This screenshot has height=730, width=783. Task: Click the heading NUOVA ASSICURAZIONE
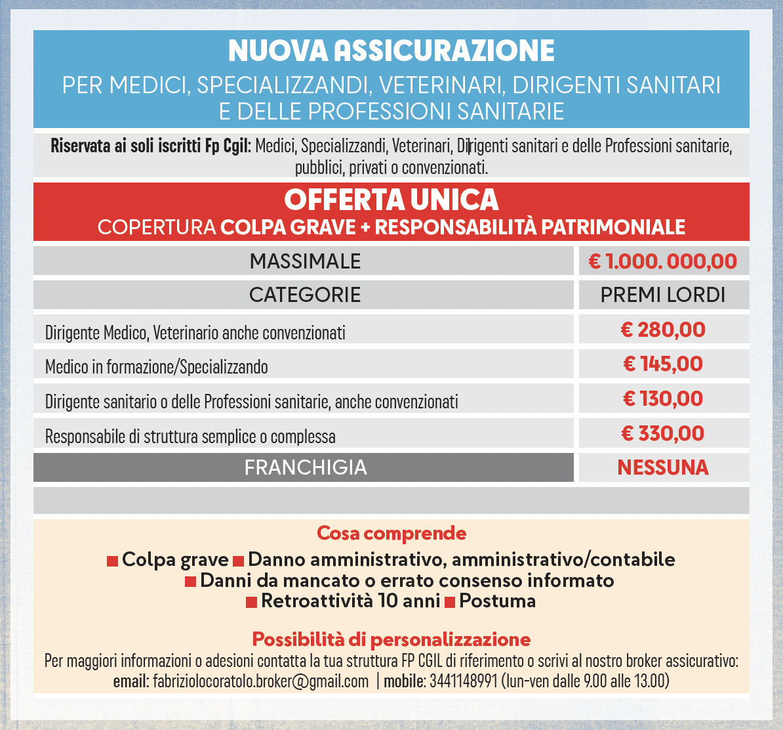pyautogui.click(x=391, y=51)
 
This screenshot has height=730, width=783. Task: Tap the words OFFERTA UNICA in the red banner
pyautogui.click(x=391, y=200)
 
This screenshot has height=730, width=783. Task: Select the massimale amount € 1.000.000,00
pyautogui.click(x=663, y=261)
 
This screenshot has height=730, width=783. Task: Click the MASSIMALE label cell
pyautogui.click(x=305, y=261)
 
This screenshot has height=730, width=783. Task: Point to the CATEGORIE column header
pyautogui.click(x=305, y=295)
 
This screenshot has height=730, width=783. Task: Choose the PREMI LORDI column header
pyautogui.click(x=663, y=295)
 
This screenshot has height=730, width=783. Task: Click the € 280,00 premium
pyautogui.click(x=663, y=330)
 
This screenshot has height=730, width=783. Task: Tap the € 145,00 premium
pyautogui.click(x=663, y=364)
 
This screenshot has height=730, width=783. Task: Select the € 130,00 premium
pyautogui.click(x=663, y=398)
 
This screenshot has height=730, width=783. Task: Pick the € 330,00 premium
pyautogui.click(x=663, y=433)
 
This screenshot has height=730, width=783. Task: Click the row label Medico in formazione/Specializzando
pyautogui.click(x=157, y=366)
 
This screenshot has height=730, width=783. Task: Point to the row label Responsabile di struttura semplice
pyautogui.click(x=190, y=437)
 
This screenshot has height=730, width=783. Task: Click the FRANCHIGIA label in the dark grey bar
pyautogui.click(x=305, y=467)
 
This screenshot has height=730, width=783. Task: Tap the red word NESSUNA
pyautogui.click(x=663, y=467)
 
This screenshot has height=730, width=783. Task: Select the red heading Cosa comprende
pyautogui.click(x=391, y=532)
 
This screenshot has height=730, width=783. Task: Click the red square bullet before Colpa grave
pyautogui.click(x=113, y=561)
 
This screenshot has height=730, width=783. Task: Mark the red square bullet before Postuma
pyautogui.click(x=450, y=602)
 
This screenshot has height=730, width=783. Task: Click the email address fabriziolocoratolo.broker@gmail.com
pyautogui.click(x=260, y=681)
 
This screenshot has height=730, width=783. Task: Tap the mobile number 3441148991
pyautogui.click(x=464, y=681)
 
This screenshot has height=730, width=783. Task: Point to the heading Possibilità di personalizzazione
pyautogui.click(x=391, y=639)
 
